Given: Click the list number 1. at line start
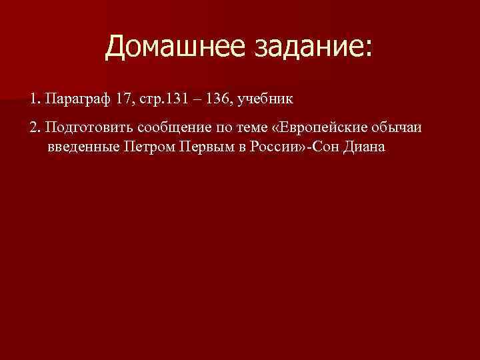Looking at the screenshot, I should pyautogui.click(x=35, y=99).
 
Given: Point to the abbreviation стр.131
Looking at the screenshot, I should pyautogui.click(x=165, y=99).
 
